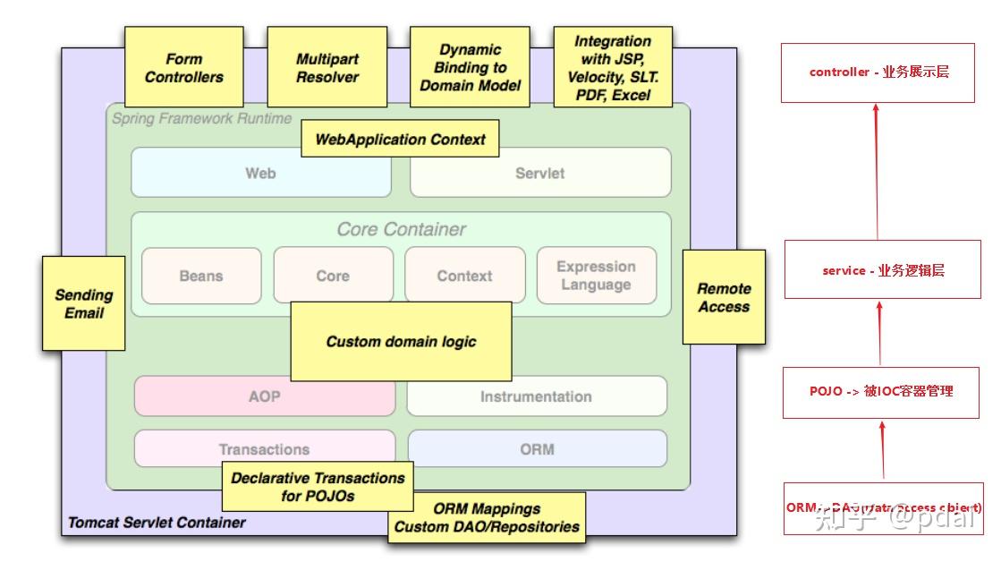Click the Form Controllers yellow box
[x=183, y=68]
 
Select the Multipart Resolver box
[x=327, y=68]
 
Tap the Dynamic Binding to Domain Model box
[x=470, y=68]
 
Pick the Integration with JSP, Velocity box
[x=612, y=68]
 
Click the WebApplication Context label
[x=400, y=140]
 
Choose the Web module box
[x=260, y=173]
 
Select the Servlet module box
[x=539, y=173]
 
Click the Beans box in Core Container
[x=201, y=276]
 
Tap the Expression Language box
[x=596, y=276]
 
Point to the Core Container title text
[x=401, y=229]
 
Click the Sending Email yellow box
[x=84, y=304]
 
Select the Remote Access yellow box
[x=724, y=297]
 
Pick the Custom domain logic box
[x=401, y=342]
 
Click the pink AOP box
[x=264, y=396]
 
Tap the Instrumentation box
[x=536, y=396]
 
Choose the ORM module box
[x=537, y=449]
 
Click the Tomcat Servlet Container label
[x=157, y=523]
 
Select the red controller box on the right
[x=878, y=72]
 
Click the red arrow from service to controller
[x=877, y=170]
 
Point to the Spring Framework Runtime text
[x=201, y=118]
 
